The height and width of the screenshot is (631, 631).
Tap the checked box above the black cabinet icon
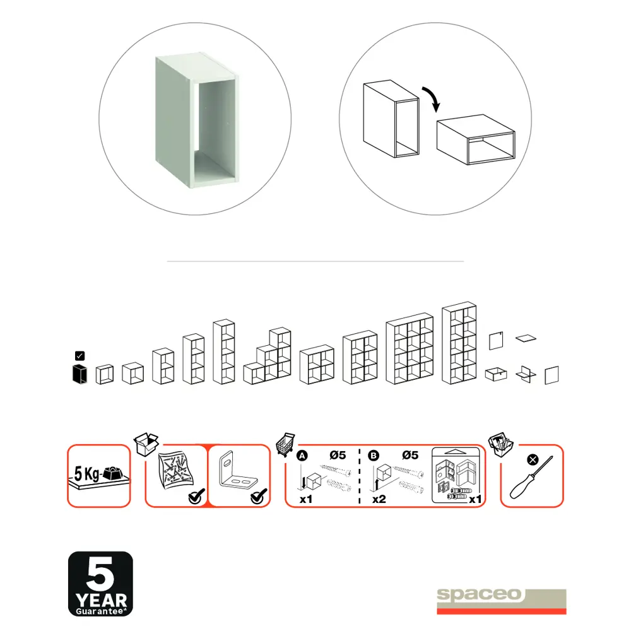[80, 356]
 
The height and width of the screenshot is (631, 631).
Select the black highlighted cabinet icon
[80, 374]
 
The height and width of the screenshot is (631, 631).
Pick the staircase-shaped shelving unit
[267, 356]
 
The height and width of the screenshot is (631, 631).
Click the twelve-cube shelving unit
[410, 348]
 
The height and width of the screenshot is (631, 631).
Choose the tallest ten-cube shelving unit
[459, 343]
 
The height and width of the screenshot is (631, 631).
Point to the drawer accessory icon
[496, 374]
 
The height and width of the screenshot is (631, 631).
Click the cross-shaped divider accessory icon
[526, 374]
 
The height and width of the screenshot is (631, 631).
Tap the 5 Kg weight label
[87, 474]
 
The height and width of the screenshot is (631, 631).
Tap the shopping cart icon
[285, 444]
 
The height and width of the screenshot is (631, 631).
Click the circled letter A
[302, 456]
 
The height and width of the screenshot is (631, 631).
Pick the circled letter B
[374, 456]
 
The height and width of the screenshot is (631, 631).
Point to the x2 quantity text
[379, 499]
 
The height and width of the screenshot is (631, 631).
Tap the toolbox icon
[500, 445]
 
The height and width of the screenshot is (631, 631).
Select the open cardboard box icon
[146, 444]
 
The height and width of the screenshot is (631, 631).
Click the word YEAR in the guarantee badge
[102, 601]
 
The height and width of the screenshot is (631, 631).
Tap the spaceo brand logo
[502, 601]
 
